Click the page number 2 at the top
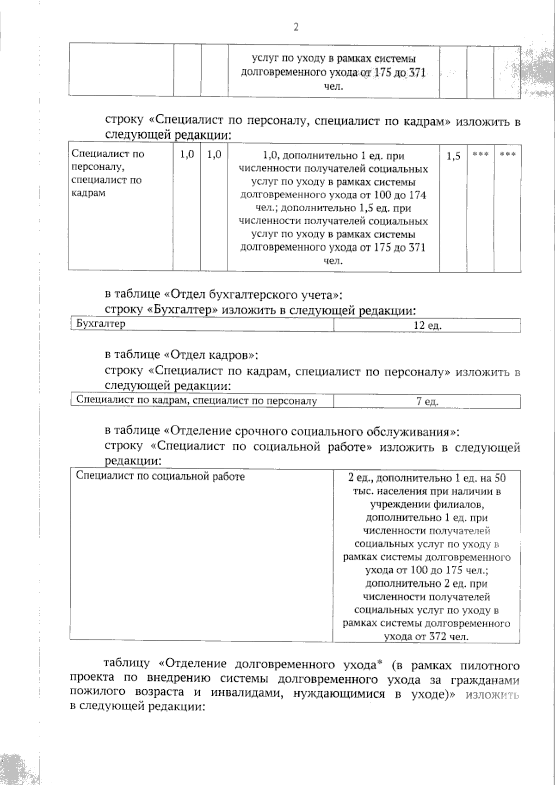[296, 27]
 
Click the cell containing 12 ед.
[427, 325]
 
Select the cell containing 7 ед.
[427, 401]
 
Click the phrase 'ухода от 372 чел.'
[426, 636]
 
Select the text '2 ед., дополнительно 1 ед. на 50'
[426, 478]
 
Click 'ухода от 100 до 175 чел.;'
[426, 570]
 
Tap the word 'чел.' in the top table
[333, 86]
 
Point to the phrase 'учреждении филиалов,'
[426, 504]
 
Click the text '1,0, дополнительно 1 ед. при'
[333, 156]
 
